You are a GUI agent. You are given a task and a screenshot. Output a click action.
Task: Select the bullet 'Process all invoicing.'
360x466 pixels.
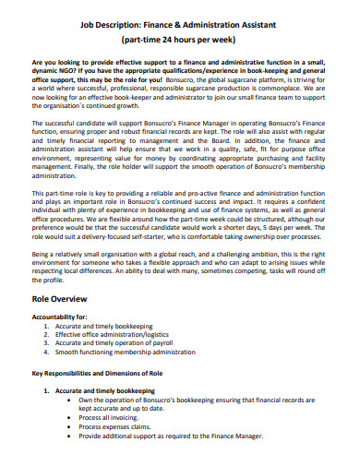click(x=113, y=417)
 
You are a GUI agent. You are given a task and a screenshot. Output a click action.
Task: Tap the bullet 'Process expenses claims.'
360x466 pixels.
click(x=116, y=426)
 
